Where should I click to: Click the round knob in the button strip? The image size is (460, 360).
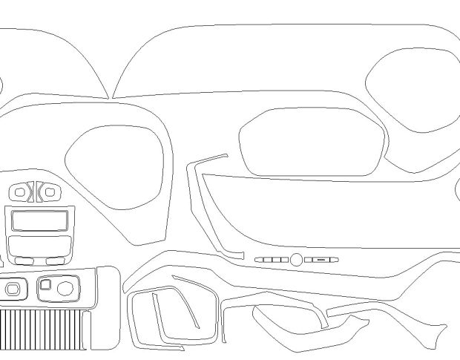click(296, 260)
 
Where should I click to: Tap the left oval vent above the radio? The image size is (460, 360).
click(20, 193)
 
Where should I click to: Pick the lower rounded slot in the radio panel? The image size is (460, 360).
click(39, 246)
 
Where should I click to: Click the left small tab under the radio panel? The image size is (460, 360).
click(24, 261)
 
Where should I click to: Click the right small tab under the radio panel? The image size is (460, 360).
click(54, 261)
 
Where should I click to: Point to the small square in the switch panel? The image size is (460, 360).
click(46, 284)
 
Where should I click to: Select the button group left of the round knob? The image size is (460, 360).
click(272, 260)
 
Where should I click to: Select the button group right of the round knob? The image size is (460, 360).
click(321, 260)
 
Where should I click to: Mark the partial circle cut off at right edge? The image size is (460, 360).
click(457, 191)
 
